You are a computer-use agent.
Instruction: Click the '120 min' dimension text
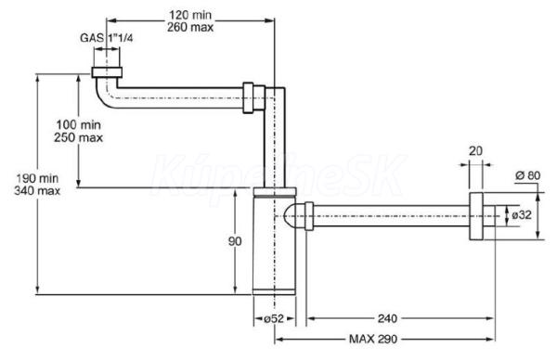pyautogui.click(x=190, y=15)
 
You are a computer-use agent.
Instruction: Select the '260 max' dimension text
pyautogui.click(x=190, y=27)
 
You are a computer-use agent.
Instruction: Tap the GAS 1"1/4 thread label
pyautogui.click(x=106, y=38)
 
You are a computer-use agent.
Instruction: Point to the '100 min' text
pyautogui.click(x=79, y=125)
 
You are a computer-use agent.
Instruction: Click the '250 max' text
pyautogui.click(x=79, y=137)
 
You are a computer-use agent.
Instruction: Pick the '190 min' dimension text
pyautogui.click(x=37, y=178)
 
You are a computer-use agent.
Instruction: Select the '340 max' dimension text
pyautogui.click(x=37, y=190)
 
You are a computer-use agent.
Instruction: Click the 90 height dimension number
pyautogui.click(x=235, y=241)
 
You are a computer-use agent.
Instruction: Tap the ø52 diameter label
pyautogui.click(x=274, y=318)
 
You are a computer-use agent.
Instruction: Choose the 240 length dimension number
pyautogui.click(x=387, y=318)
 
